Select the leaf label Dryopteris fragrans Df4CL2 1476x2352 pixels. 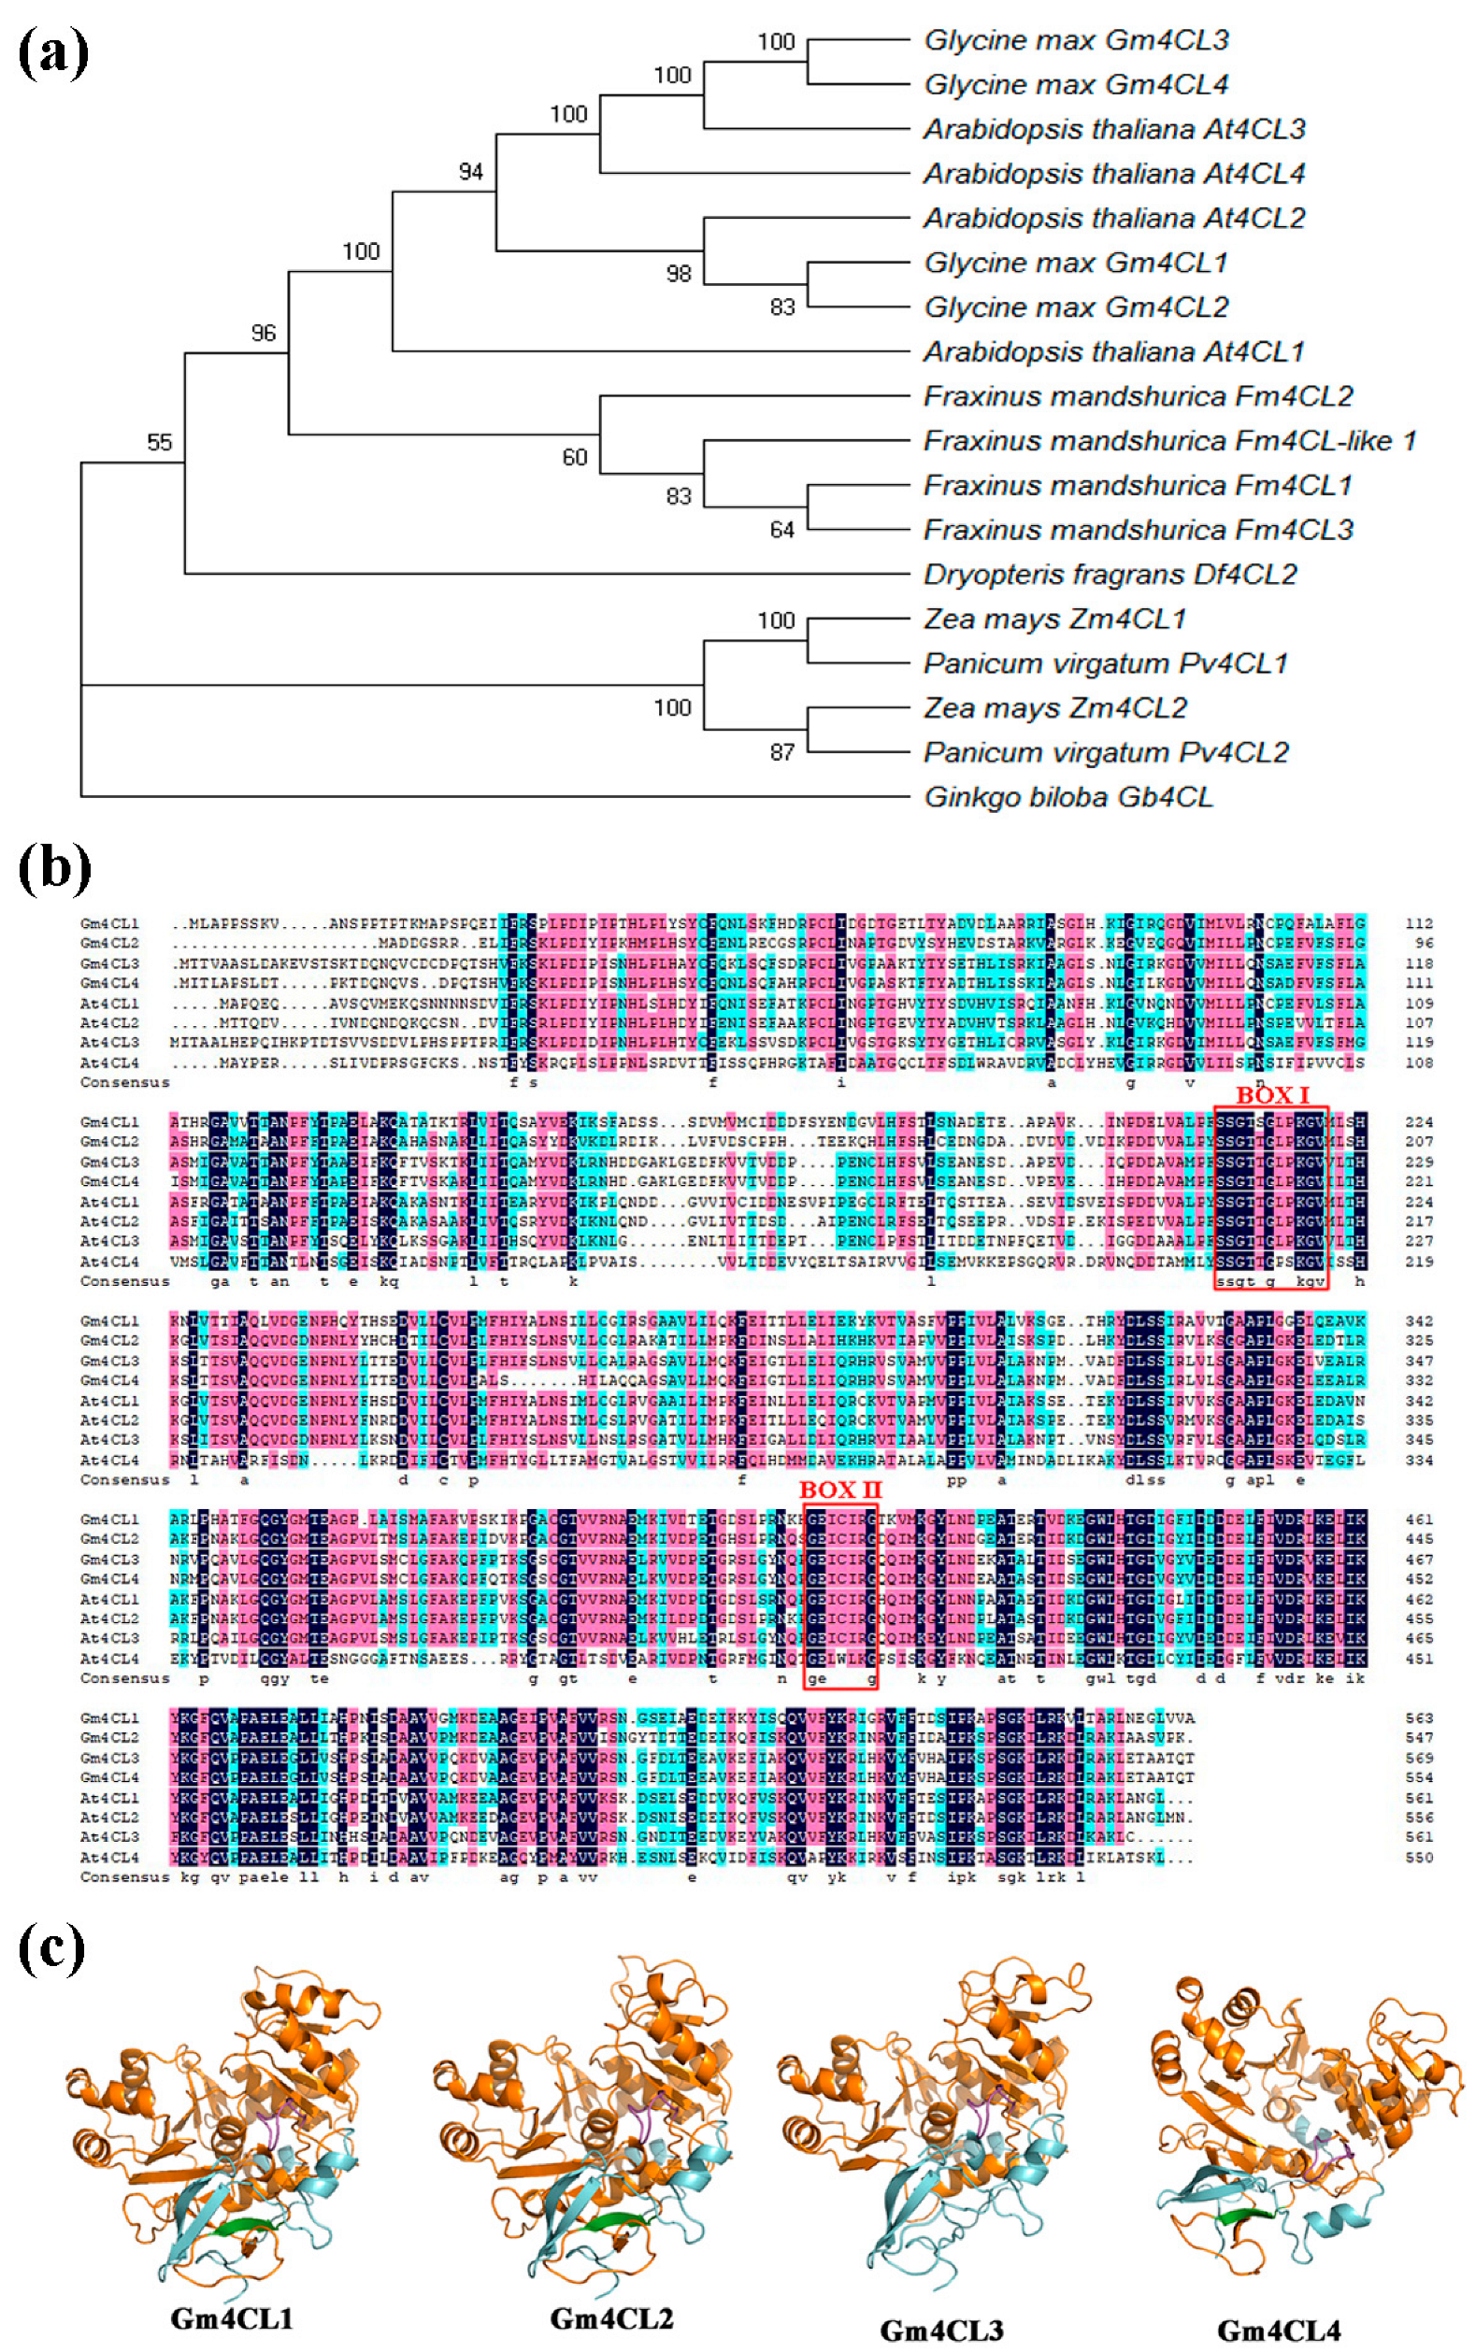pos(1109,574)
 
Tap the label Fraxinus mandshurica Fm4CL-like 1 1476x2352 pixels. pos(1168,441)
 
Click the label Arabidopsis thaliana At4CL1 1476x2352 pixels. pos(1113,351)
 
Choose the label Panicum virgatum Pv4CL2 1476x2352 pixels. pos(1105,752)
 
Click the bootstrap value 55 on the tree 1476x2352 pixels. pos(159,442)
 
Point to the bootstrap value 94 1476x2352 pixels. pos(470,172)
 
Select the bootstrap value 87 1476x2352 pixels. pos(781,751)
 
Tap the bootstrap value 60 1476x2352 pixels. pos(574,457)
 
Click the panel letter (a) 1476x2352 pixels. pos(53,53)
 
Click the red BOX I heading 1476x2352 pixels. pos(1273,1095)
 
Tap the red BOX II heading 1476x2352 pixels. pos(839,1490)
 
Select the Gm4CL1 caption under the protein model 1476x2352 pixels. pos(232,2317)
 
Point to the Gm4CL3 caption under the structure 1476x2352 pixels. pos(941,2331)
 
